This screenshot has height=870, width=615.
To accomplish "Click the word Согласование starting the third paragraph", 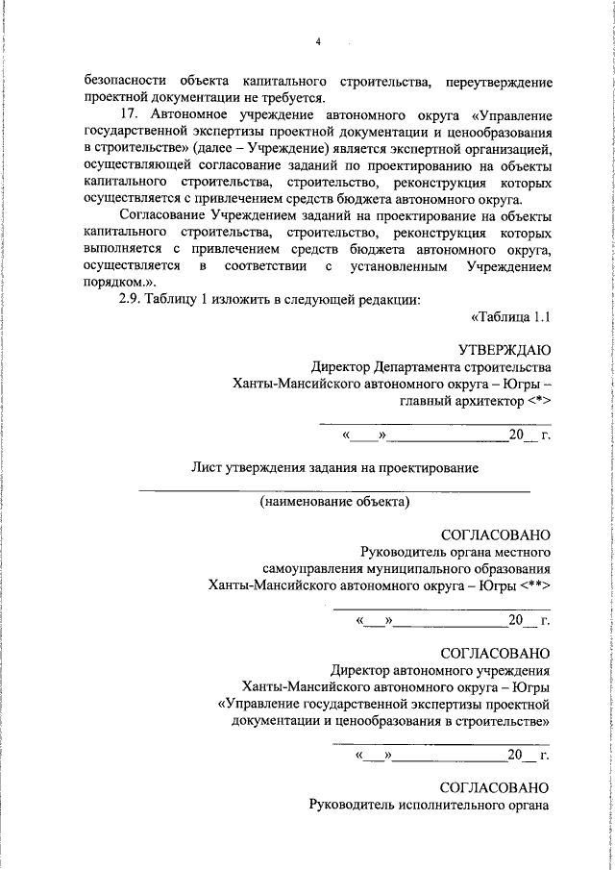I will [x=161, y=217].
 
